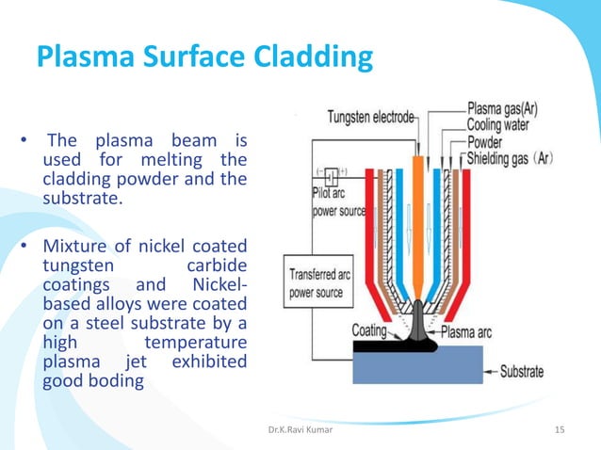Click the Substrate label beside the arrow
click(545, 371)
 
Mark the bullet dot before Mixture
click(28, 248)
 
